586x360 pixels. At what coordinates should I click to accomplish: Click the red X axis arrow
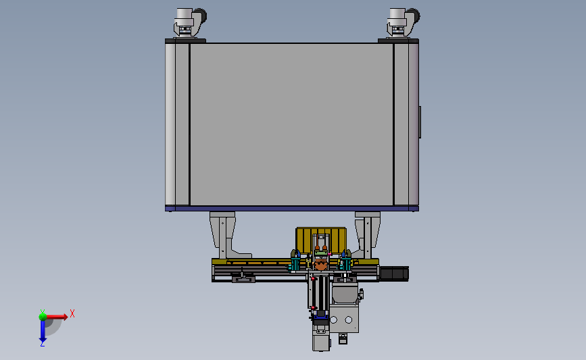click(x=58, y=316)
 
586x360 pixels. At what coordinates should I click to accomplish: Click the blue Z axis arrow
click(x=43, y=331)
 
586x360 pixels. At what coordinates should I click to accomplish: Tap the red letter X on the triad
click(x=72, y=313)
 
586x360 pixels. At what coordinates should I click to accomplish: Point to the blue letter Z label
click(x=42, y=344)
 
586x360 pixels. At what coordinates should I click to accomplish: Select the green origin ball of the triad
click(x=43, y=316)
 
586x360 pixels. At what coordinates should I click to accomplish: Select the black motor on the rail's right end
click(x=394, y=274)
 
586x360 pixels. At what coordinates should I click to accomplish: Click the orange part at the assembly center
click(x=320, y=266)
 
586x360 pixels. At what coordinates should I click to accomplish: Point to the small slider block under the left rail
click(x=243, y=278)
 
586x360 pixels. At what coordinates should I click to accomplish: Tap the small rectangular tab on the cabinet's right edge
click(x=420, y=122)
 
